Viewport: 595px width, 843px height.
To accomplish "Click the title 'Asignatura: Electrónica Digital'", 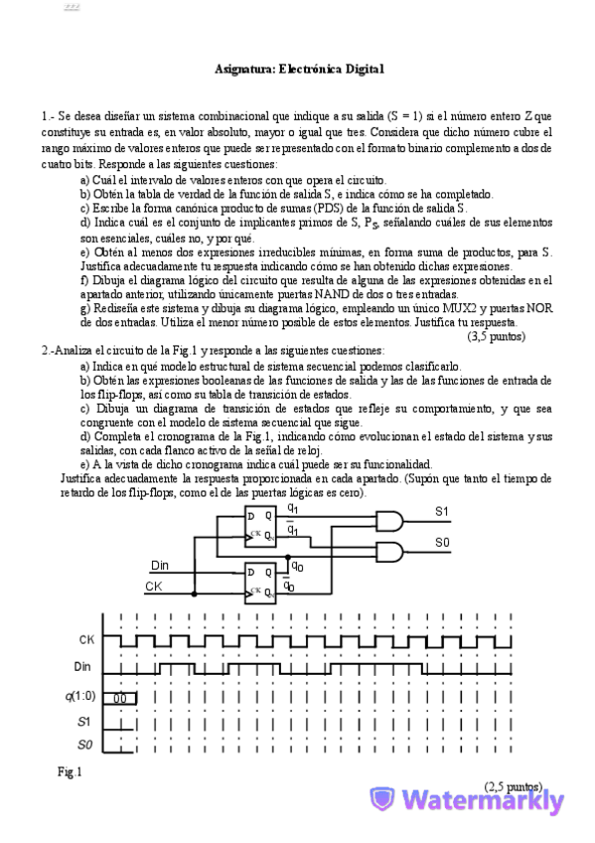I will tap(299, 69).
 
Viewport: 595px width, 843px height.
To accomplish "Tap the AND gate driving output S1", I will tap(390, 521).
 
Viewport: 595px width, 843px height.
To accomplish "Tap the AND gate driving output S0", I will tap(390, 553).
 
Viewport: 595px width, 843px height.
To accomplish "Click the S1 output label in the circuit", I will tap(442, 511).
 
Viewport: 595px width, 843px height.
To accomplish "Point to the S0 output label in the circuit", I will tap(442, 543).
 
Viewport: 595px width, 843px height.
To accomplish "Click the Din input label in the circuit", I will tap(160, 566).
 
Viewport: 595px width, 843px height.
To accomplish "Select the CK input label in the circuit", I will tap(154, 587).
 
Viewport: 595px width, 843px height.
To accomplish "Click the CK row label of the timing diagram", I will tap(86, 639).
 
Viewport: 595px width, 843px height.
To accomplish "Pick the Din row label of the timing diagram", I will tap(86, 666).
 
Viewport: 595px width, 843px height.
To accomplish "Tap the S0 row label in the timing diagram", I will tap(84, 744).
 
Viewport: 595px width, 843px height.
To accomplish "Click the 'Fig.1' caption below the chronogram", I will tap(70, 772).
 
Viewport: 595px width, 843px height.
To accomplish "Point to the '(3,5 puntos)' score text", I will tap(496, 336).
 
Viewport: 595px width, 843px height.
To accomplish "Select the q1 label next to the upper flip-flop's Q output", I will tap(293, 509).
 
